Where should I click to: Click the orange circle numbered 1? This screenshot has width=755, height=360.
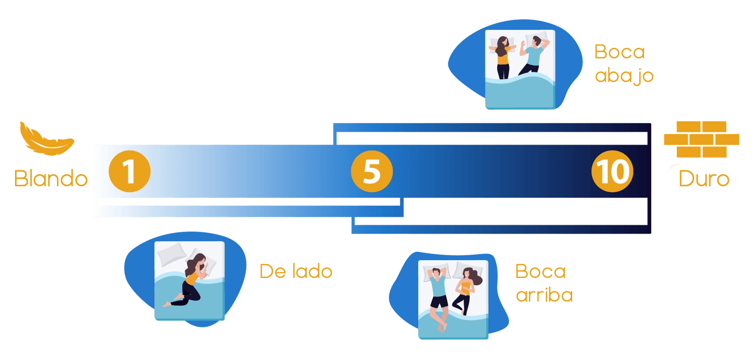pos(129,171)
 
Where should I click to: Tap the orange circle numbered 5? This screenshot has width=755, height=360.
pos(372,171)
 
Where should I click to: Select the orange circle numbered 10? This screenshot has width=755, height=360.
pos(612,171)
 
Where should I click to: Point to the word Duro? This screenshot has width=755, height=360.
pos(704,178)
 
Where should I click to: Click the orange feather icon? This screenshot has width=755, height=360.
pos(46,139)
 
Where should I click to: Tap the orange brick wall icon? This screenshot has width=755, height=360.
pos(701,139)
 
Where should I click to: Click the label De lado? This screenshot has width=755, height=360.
pos(296,271)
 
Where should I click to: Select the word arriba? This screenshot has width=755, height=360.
pos(544,295)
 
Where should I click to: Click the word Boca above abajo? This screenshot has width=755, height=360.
pos(619,52)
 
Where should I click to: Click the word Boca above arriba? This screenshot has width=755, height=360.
pos(540,271)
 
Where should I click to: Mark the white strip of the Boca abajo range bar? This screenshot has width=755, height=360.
pos(492,138)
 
